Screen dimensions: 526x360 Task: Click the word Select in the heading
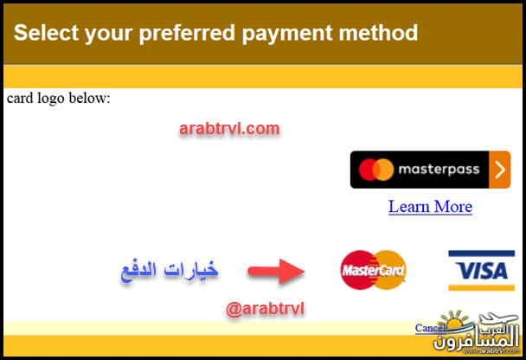coord(46,33)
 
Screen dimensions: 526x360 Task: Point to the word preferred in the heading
coord(187,34)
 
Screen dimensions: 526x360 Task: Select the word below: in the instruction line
coord(89,98)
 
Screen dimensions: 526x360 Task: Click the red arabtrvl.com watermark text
coord(229,128)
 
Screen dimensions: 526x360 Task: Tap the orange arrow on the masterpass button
coord(500,170)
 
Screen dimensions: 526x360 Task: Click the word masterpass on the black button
coord(439,170)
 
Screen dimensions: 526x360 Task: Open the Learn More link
coord(430,206)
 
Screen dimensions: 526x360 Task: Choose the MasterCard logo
coord(373,270)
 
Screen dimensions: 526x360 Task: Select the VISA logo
coord(481,270)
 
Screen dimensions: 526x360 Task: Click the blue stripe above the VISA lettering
coord(481,254)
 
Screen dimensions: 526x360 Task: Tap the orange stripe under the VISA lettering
coord(481,287)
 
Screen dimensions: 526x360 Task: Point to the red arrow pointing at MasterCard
coord(276,271)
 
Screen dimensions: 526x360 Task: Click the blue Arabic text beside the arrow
coord(170,270)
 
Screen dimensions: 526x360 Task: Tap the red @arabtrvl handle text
coord(265,308)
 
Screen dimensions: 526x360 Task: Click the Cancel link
coord(430,328)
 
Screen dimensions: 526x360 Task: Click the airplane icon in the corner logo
coord(497,319)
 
